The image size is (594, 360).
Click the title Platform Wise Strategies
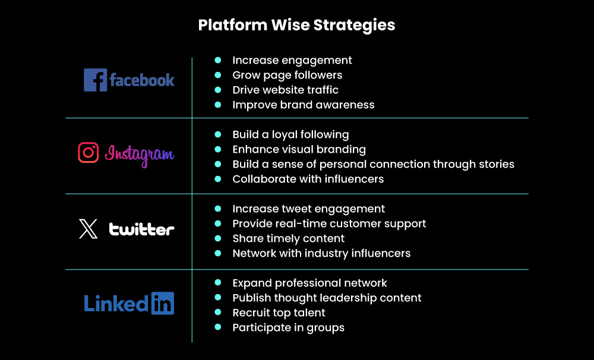tap(296, 25)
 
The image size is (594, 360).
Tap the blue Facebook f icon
tap(95, 80)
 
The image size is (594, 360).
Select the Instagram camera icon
tap(89, 153)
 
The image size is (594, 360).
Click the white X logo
tap(89, 229)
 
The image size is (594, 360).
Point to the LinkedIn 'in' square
tap(162, 303)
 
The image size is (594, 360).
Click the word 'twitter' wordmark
tap(141, 229)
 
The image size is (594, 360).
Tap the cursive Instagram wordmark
tap(140, 154)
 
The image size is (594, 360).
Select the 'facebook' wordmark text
tap(142, 80)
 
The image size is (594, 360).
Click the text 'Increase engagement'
tap(292, 61)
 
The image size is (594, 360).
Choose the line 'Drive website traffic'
tap(285, 90)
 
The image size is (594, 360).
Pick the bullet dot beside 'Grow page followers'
tap(218, 75)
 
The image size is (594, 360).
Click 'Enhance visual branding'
tap(299, 150)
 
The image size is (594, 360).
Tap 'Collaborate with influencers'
tap(308, 179)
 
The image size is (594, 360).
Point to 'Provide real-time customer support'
tap(329, 224)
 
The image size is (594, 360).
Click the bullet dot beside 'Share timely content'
tap(218, 239)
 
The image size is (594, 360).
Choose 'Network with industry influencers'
tap(321, 254)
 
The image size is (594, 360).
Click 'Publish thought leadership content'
tap(327, 298)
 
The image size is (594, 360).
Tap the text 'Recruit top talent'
tap(279, 313)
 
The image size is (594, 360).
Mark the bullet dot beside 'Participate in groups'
tap(218, 328)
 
